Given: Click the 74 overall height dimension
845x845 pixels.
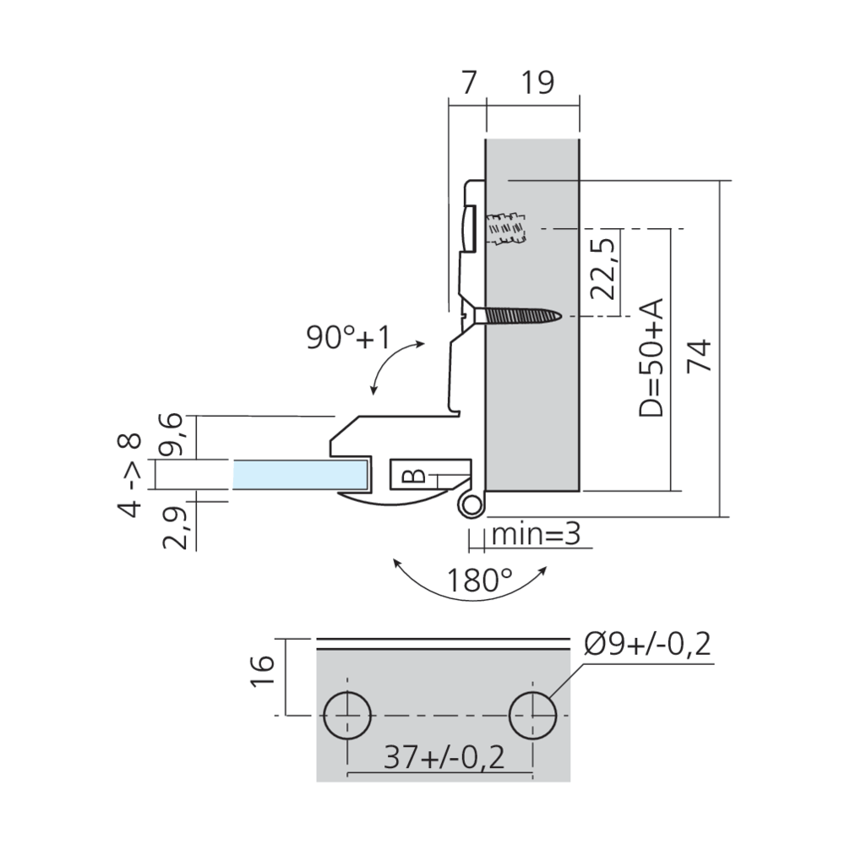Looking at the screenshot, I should coord(700,355).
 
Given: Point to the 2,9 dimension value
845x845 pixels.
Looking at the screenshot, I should coord(175,526).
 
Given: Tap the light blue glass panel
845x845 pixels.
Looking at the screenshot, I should coord(300,475).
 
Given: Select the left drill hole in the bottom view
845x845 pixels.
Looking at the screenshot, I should coord(346,717).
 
